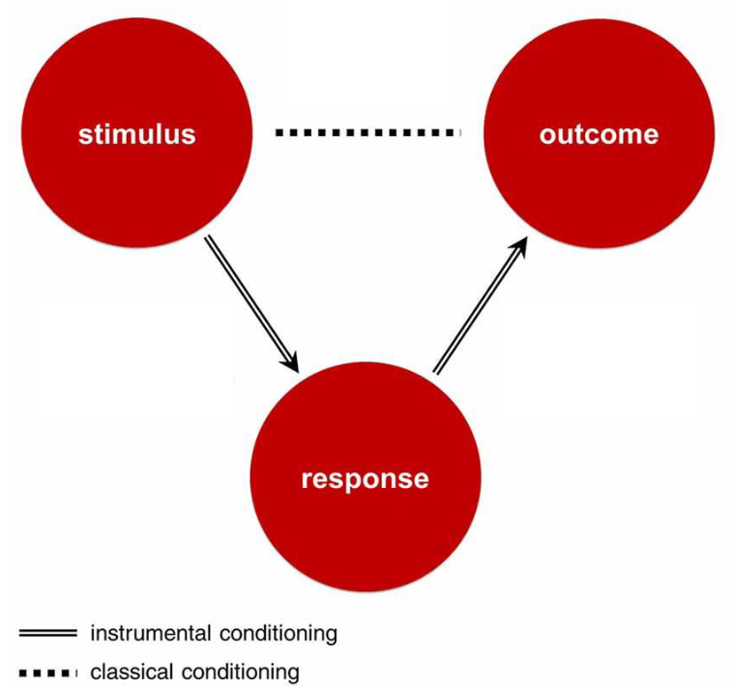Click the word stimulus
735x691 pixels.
click(136, 133)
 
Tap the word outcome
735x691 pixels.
click(599, 133)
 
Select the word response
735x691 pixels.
click(365, 478)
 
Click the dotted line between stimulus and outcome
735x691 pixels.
click(367, 132)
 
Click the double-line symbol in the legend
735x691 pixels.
click(46, 634)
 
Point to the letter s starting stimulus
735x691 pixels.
click(85, 134)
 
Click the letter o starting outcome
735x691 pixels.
click(547, 134)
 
